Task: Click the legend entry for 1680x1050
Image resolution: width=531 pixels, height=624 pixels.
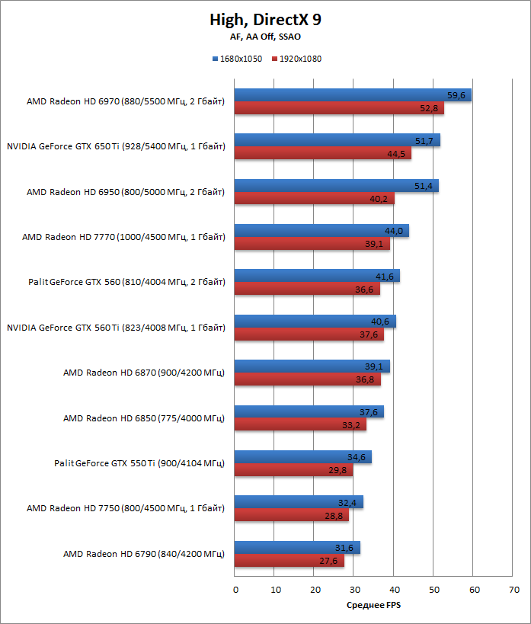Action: tap(238, 59)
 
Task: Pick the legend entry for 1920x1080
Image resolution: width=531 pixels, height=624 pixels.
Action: tap(297, 59)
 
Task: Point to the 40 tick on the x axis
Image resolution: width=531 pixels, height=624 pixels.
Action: tap(394, 590)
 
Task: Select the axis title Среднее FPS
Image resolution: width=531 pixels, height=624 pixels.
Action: tap(373, 606)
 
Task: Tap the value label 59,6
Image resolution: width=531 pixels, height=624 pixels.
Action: tap(457, 95)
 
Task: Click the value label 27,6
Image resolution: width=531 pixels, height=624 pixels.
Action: tap(330, 561)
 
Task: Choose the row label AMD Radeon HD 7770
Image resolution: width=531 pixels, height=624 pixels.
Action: tap(123, 237)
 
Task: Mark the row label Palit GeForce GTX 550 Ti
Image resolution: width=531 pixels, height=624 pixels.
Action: tap(139, 463)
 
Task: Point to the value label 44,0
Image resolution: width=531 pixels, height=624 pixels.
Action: tap(395, 231)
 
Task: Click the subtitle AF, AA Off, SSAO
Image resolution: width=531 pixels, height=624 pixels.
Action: tap(264, 37)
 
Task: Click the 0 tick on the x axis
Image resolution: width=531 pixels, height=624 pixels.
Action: tap(235, 590)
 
